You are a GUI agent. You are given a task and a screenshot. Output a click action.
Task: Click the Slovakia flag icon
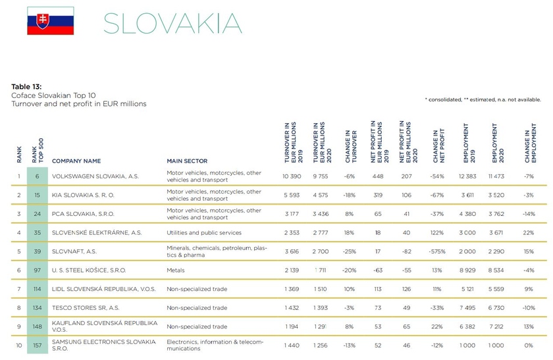pos(50,21)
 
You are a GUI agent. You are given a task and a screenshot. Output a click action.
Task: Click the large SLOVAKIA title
pos(172,23)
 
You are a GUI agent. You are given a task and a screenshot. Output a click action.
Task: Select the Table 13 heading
pos(27,87)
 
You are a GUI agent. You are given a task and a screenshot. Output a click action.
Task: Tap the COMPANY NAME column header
pos(76,161)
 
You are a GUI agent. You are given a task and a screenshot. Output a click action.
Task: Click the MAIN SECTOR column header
pos(187,161)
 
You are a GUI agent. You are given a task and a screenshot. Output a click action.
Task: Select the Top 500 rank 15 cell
pos(38,195)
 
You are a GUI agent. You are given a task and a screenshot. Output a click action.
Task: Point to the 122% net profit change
pos(437,232)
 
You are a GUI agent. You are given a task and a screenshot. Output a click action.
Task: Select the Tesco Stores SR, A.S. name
pos(86,308)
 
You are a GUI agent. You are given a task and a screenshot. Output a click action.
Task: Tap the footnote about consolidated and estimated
pos(483,100)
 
